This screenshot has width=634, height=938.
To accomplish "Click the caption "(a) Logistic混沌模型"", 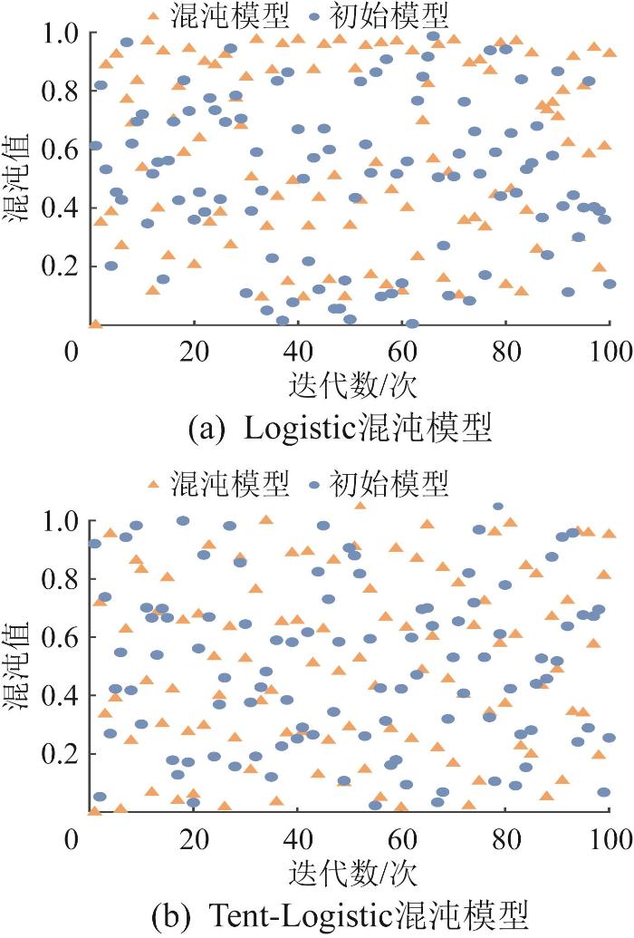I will [x=340, y=427].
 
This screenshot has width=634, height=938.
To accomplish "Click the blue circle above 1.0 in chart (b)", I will [x=498, y=507].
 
